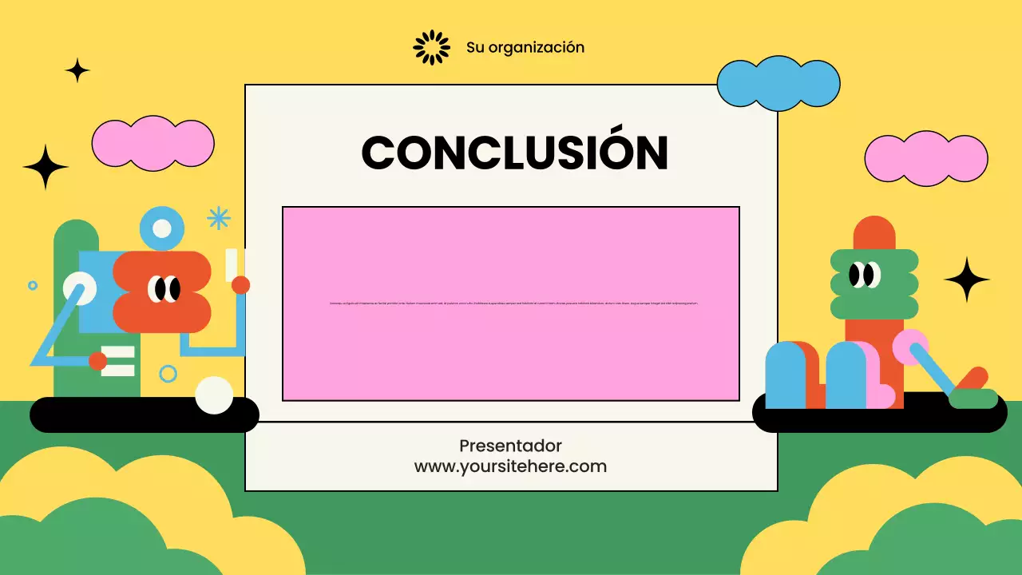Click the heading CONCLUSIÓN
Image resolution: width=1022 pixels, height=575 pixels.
(514, 152)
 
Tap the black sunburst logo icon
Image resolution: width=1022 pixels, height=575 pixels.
(431, 47)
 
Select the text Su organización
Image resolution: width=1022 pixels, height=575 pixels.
(525, 47)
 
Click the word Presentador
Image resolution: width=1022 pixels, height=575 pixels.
(510, 446)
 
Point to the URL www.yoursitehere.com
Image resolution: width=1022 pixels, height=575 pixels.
(510, 466)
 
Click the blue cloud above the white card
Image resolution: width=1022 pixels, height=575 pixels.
(778, 83)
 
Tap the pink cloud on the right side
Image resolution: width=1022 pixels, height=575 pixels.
(925, 158)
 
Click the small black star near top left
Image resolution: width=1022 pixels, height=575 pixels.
(77, 70)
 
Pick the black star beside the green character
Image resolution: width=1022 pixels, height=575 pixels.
(967, 280)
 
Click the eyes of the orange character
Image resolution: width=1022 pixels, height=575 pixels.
(164, 289)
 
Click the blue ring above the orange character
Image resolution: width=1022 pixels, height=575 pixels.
(162, 228)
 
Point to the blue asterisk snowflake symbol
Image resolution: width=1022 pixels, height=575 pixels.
(218, 217)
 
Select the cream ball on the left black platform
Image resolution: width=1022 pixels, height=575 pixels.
(214, 395)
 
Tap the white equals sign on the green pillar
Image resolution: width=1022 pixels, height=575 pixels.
(118, 361)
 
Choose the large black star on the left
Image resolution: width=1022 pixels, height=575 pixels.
(46, 167)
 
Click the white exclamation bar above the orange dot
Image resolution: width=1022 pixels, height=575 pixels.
(232, 264)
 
